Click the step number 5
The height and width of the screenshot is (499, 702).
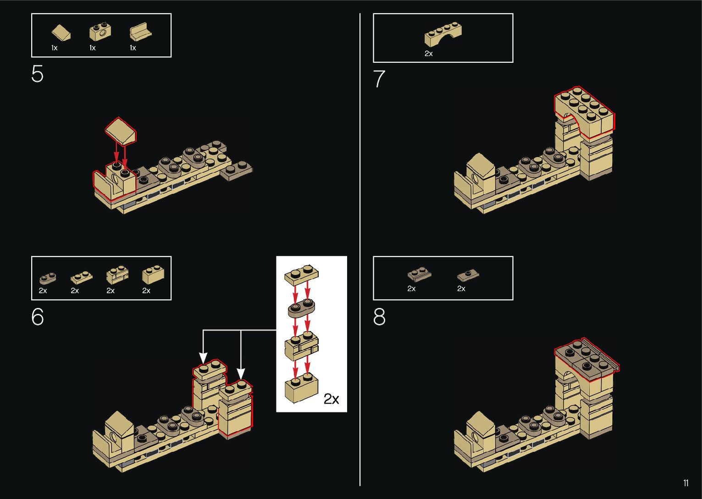[x=37, y=74]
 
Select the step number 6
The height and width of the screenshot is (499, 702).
[x=37, y=317]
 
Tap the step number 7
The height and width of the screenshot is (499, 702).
[x=379, y=79]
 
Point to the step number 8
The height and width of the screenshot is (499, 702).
[x=379, y=317]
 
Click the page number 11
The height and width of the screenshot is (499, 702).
[x=685, y=483]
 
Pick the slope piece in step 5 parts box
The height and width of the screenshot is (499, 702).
[x=61, y=33]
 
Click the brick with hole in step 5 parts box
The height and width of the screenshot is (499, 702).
[x=99, y=33]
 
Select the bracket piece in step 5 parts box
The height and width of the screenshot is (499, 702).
[x=140, y=32]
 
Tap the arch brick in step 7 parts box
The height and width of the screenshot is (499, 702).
[x=443, y=34]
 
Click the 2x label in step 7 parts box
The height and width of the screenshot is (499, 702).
[x=429, y=54]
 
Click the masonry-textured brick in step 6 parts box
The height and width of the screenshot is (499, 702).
[x=117, y=274]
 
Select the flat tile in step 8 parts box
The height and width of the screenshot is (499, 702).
[x=468, y=276]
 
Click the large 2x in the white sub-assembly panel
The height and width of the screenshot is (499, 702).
[x=331, y=399]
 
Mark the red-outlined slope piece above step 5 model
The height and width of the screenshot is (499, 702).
[x=121, y=130]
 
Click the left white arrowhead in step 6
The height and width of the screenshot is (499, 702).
[x=203, y=357]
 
